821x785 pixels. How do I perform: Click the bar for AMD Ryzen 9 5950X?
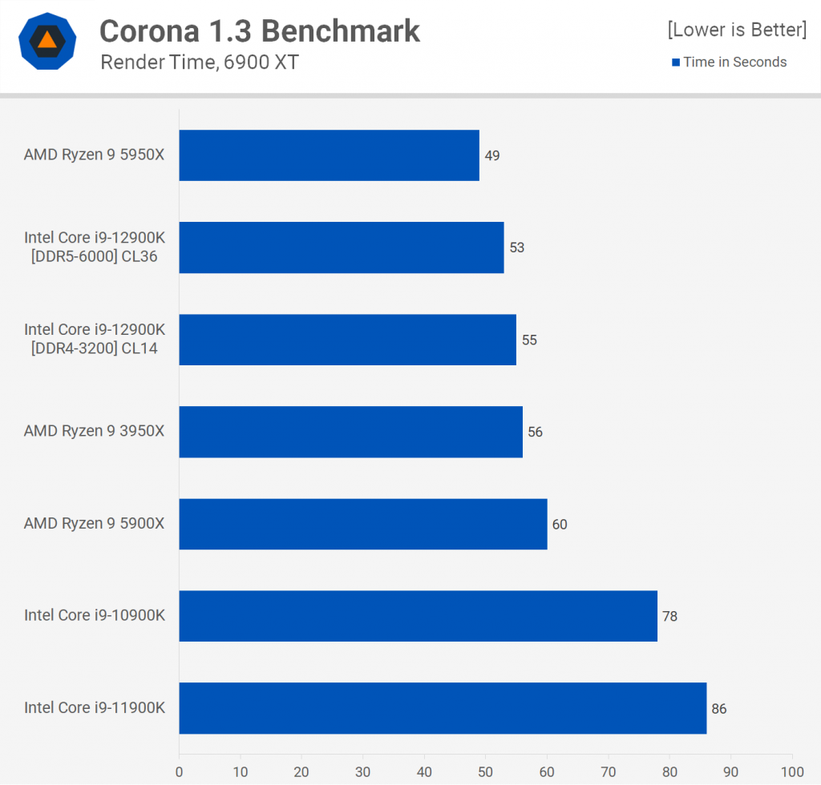329,155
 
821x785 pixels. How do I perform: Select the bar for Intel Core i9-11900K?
443,708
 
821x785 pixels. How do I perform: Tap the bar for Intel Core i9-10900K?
418,616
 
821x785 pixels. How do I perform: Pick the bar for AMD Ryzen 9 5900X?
362,524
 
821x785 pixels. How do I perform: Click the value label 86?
718,709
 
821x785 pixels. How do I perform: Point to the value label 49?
492,155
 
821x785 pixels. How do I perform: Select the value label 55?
529,340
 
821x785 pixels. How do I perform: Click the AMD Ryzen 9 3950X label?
94,431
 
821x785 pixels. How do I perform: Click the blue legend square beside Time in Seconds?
676,62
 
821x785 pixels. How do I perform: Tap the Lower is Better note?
737,30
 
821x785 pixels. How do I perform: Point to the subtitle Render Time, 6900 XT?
200,62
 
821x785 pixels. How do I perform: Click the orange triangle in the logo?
47,39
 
